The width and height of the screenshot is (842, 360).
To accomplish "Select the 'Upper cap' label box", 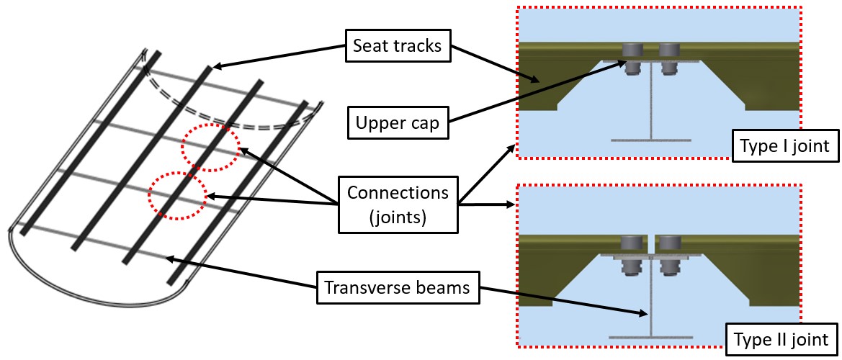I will click(397, 123).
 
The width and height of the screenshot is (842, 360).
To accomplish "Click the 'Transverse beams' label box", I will click(398, 288).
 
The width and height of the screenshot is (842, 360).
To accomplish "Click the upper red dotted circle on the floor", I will click(210, 147).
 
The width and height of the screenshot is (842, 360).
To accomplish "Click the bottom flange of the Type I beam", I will click(650, 139).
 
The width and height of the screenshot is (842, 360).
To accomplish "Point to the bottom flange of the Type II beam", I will click(650, 336).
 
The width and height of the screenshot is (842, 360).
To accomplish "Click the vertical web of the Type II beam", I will click(650, 302).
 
